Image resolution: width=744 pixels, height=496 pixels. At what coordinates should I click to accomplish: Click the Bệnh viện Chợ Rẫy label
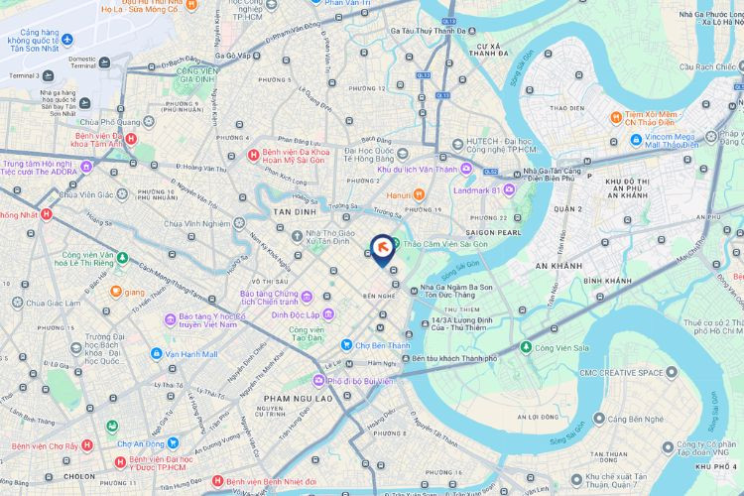click(45, 445)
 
